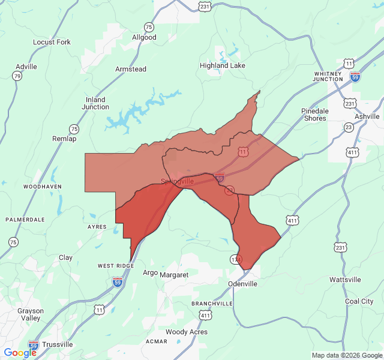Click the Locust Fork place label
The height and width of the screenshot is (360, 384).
coord(52,42)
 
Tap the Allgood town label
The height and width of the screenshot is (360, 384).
coord(144,37)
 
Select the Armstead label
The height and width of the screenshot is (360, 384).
coord(130,69)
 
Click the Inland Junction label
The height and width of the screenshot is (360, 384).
coord(95,103)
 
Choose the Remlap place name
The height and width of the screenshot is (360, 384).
coord(65,139)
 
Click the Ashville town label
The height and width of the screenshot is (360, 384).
coord(367,116)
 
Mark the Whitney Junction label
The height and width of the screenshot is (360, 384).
coord(328,76)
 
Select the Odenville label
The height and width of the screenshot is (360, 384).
coord(242,284)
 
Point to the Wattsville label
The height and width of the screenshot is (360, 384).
coord(345,280)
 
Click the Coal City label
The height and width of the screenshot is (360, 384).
coord(359,301)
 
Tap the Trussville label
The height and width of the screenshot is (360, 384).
coord(58,344)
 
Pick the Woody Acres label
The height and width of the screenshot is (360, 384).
coord(187,332)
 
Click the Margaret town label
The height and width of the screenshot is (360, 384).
coord(174,275)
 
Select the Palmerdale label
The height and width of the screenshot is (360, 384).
coord(25,220)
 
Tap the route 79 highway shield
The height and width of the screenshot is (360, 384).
coord(16,76)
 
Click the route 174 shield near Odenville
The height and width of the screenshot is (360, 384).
coord(235,259)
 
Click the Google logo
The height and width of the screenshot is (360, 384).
coord(20,353)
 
